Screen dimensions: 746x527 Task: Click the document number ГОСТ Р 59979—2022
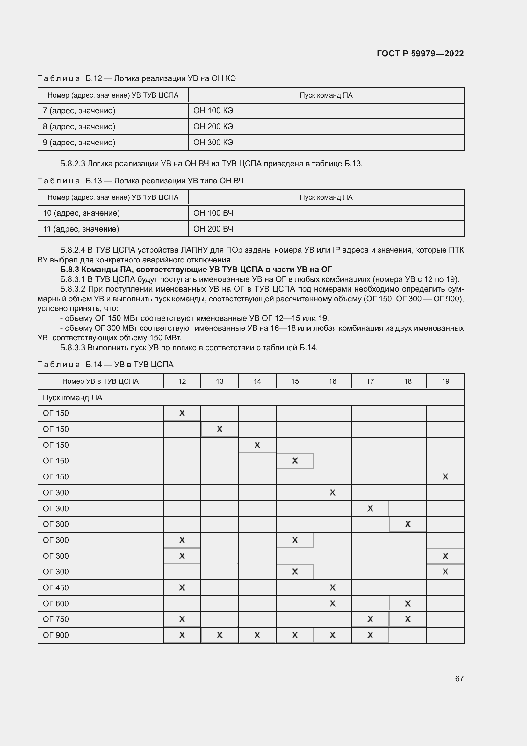click(x=420, y=54)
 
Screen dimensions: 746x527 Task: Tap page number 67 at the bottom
click(x=459, y=678)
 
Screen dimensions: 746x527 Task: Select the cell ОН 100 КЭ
click(x=213, y=111)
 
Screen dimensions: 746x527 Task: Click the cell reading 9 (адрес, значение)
click(x=79, y=143)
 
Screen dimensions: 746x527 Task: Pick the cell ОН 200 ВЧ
click(x=213, y=229)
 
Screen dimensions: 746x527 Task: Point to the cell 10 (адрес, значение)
click(x=82, y=213)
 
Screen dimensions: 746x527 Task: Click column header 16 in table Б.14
click(x=332, y=381)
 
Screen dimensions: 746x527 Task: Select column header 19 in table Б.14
click(x=445, y=381)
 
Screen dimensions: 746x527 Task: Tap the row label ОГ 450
click(x=56, y=588)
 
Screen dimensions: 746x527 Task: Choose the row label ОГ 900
click(x=56, y=635)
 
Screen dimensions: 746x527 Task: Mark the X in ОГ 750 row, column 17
click(x=370, y=619)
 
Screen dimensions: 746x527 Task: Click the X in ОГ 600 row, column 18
click(x=408, y=604)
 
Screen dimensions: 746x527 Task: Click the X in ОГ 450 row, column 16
click(x=332, y=588)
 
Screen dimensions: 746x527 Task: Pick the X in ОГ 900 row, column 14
click(x=257, y=635)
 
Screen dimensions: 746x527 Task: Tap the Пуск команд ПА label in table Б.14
click(x=72, y=398)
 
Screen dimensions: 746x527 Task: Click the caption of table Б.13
click(x=141, y=181)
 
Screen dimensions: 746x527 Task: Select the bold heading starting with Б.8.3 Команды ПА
click(x=196, y=270)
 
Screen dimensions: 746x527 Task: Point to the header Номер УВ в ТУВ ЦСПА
click(x=100, y=381)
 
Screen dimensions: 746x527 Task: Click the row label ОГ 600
click(x=56, y=604)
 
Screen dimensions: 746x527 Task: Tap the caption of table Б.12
click(x=137, y=79)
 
